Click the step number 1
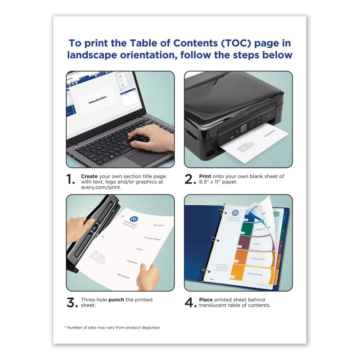(x=71, y=180)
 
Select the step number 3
(x=72, y=303)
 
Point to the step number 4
(x=189, y=303)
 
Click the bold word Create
(x=90, y=176)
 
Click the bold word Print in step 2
(x=206, y=176)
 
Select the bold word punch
(x=117, y=300)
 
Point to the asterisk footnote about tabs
(x=112, y=327)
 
